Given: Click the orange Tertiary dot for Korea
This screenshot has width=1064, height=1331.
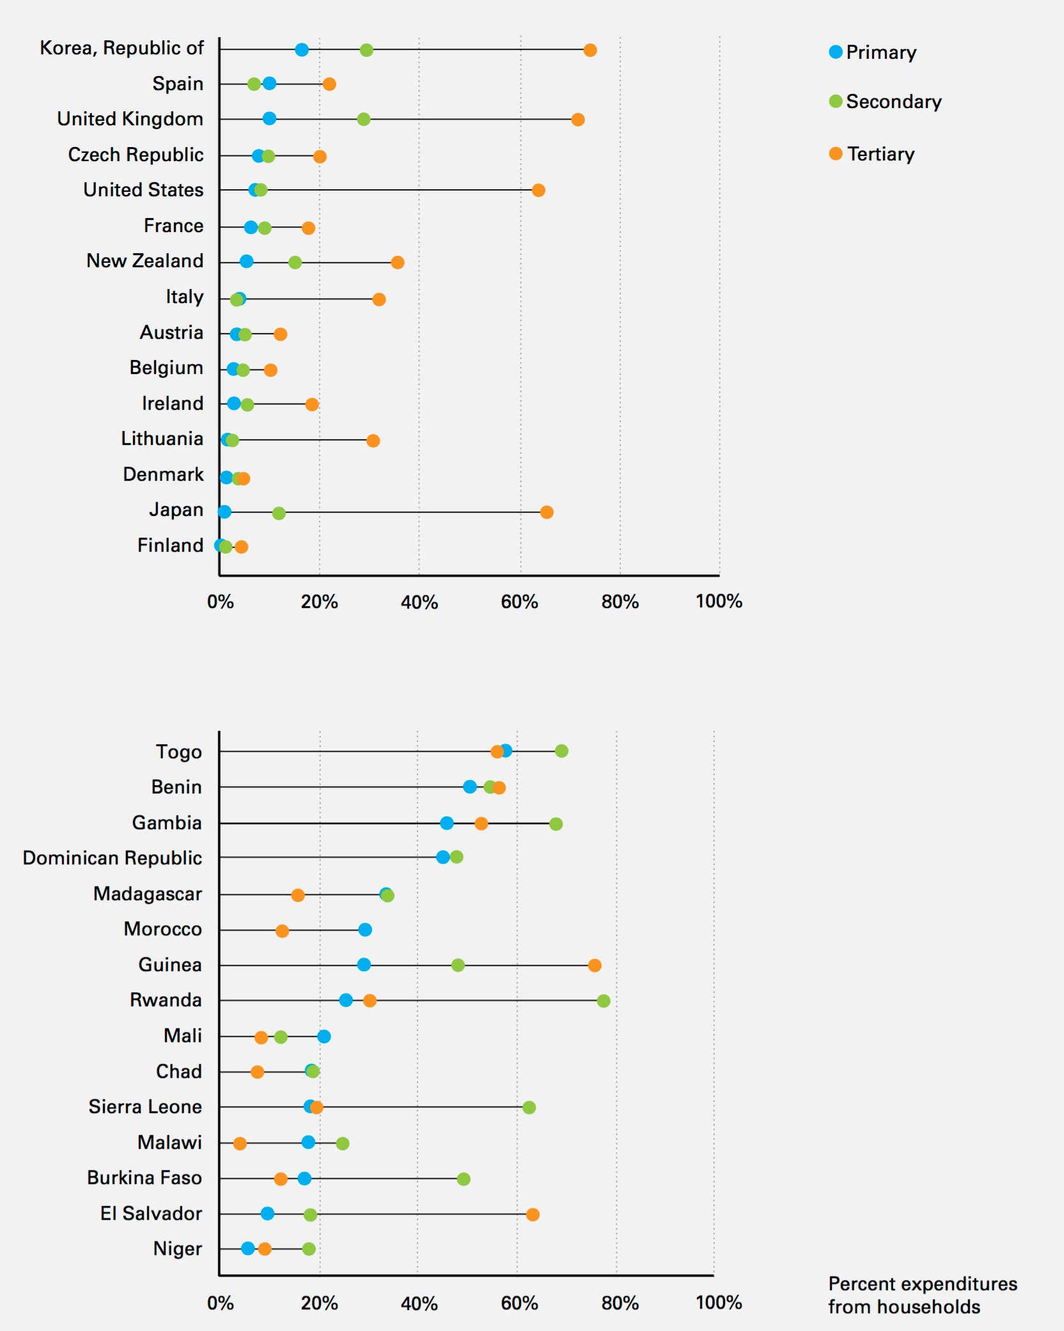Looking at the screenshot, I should pyautogui.click(x=590, y=50).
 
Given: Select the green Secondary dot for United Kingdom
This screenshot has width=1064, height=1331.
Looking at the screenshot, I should pyautogui.click(x=364, y=119).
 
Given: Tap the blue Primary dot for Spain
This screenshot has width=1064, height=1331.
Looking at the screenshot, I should pyautogui.click(x=269, y=83).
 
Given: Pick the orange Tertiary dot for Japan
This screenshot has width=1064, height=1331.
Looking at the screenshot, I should pyautogui.click(x=547, y=512).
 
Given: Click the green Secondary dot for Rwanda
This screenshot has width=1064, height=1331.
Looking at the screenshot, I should pyautogui.click(x=604, y=1000).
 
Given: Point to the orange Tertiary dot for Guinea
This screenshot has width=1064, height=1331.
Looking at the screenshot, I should pyautogui.click(x=595, y=965).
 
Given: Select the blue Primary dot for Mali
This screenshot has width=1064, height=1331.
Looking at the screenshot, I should pyautogui.click(x=324, y=1036).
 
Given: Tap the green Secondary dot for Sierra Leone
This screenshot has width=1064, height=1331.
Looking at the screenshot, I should pyautogui.click(x=529, y=1107).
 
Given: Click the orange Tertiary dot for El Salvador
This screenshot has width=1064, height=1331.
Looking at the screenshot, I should pyautogui.click(x=533, y=1214).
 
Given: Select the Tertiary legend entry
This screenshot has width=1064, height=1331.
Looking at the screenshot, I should pyautogui.click(x=873, y=154).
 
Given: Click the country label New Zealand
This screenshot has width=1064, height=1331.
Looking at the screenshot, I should pyautogui.click(x=145, y=261).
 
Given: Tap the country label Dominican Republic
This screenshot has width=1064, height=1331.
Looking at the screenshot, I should pyautogui.click(x=113, y=858).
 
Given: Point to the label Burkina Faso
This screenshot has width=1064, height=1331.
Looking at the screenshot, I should pyautogui.click(x=145, y=1178).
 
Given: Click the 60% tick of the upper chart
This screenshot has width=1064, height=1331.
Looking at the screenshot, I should pyautogui.click(x=519, y=602).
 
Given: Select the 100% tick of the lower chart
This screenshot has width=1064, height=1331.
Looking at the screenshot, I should pyautogui.click(x=719, y=1302).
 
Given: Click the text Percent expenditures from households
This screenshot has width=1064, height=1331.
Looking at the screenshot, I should pyautogui.click(x=922, y=1295).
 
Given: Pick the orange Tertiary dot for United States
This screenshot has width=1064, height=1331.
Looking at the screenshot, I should pyautogui.click(x=538, y=190).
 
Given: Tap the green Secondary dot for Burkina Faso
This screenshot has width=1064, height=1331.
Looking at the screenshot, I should pyautogui.click(x=464, y=1179).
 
